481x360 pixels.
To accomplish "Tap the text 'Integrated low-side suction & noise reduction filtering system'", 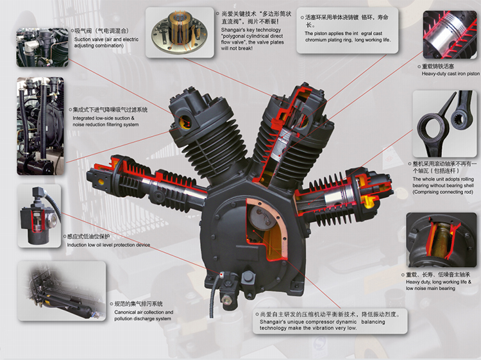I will pyautogui.click(x=105, y=121).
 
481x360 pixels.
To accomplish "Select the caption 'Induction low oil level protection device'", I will pyautogui.click(x=108, y=244).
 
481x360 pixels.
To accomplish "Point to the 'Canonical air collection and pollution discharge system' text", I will pyautogui.click(x=142, y=315).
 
